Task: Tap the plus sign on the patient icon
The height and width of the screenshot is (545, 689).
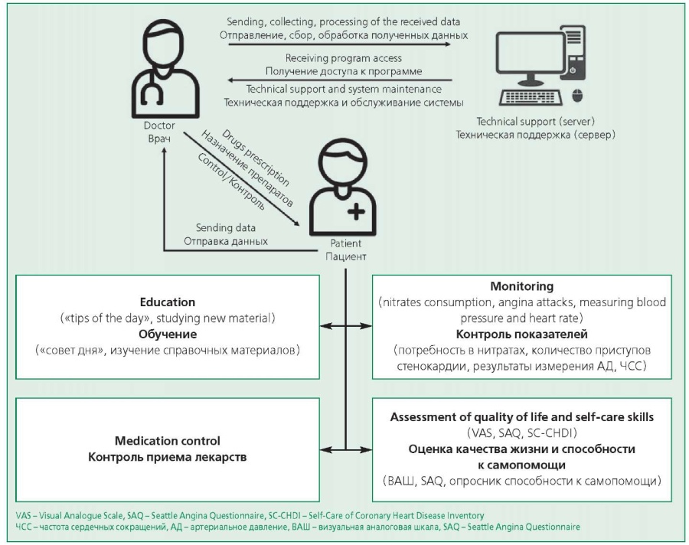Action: (x=356, y=212)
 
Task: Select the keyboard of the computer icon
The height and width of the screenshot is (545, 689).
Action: (x=531, y=97)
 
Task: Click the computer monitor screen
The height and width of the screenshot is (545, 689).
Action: (x=531, y=52)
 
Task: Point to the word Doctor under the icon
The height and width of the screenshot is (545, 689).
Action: (x=159, y=126)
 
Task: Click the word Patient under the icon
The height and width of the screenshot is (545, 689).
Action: (x=346, y=243)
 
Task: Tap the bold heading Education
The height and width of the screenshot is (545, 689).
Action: (x=168, y=302)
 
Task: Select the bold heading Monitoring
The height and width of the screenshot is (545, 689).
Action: (x=521, y=286)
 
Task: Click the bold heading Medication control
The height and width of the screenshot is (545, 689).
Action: (x=168, y=440)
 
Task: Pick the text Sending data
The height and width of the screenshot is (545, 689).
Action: (x=225, y=227)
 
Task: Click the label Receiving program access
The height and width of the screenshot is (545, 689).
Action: (x=343, y=58)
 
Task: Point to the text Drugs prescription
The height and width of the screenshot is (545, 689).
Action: (x=256, y=158)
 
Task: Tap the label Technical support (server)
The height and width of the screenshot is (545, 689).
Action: (x=536, y=121)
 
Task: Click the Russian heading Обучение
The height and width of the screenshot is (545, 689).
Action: (x=168, y=334)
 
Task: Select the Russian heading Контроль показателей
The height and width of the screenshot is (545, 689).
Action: (x=521, y=334)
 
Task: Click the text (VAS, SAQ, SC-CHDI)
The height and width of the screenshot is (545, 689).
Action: (x=521, y=433)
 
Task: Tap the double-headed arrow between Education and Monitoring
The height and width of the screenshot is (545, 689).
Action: (x=346, y=325)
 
